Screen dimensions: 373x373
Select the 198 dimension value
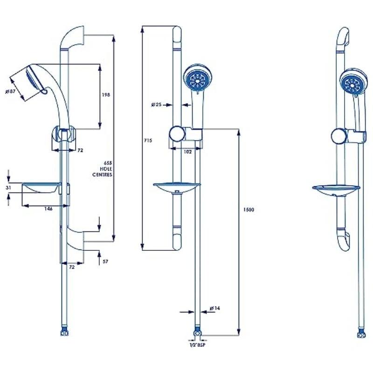tap(106, 95)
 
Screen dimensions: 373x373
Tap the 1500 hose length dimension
tap(249, 210)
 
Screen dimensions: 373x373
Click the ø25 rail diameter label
tap(157, 104)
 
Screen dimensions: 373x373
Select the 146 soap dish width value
tap(48, 209)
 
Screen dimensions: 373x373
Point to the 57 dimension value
tap(105, 262)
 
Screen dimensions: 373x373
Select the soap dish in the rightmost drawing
tap(336, 189)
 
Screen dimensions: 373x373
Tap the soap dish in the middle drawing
tap(177, 188)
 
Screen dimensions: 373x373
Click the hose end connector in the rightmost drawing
tap(359, 333)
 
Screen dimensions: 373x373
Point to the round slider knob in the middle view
tap(176, 133)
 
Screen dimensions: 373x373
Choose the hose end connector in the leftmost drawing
tap(64, 333)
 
